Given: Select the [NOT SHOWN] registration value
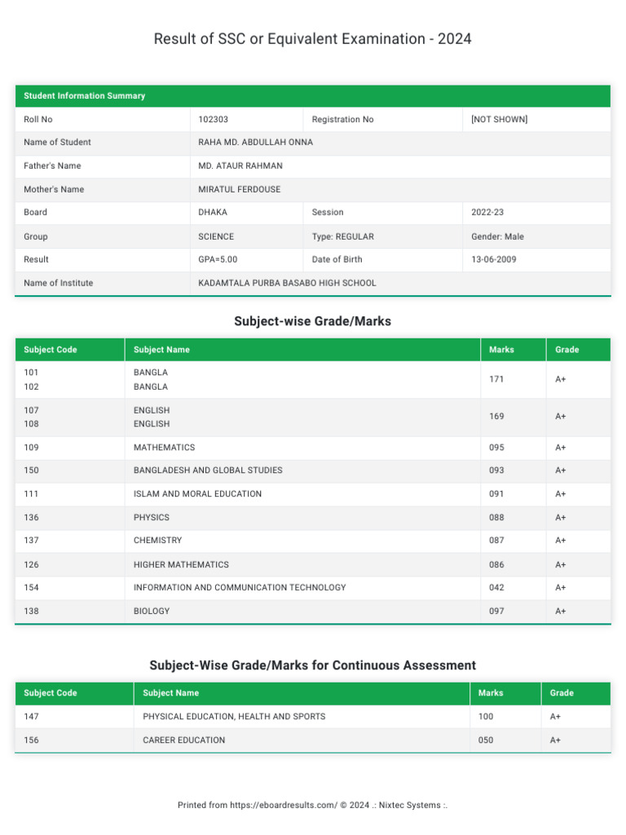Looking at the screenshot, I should [499, 119].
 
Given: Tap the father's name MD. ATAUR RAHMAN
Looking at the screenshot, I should [240, 166].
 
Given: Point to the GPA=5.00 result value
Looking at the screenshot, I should [218, 259].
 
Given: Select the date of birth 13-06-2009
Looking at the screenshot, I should [493, 259].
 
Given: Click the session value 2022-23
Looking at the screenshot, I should [487, 212].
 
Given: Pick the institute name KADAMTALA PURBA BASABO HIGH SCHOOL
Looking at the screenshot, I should [287, 283].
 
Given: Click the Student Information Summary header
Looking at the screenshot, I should [84, 95].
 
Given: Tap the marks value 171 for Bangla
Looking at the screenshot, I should [496, 380].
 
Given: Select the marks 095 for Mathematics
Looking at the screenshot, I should [496, 448].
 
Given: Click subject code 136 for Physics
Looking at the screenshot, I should [31, 517].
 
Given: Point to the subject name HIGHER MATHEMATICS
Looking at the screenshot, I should [181, 564].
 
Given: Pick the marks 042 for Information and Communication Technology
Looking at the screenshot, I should [496, 587].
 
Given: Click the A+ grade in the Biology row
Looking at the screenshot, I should [561, 611].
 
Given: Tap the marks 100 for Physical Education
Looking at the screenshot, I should [486, 716].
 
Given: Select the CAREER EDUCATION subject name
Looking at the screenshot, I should [183, 740].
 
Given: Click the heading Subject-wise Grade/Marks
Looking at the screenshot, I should [312, 321].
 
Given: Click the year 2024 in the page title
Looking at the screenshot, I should [455, 38].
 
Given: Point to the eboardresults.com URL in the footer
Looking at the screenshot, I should [284, 805].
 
